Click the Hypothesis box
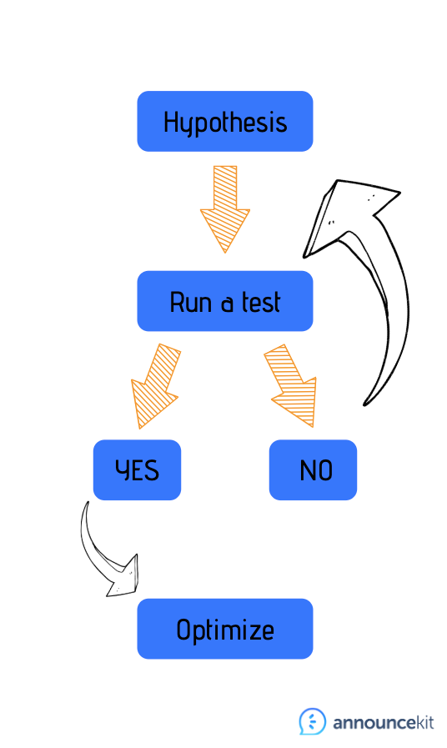(224, 121)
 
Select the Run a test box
(224, 301)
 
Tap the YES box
(137, 469)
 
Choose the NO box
(313, 469)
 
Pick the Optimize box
(224, 629)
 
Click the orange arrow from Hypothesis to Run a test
(224, 209)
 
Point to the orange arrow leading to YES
(155, 386)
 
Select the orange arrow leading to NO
(291, 385)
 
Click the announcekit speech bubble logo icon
(313, 721)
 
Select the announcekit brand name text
(384, 723)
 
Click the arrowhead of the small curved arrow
(123, 578)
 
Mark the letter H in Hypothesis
(171, 122)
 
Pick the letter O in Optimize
(183, 630)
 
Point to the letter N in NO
(307, 470)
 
